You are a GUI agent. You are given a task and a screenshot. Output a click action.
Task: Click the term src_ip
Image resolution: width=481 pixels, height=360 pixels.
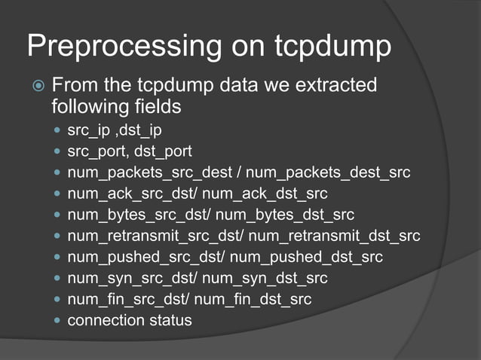click(x=87, y=131)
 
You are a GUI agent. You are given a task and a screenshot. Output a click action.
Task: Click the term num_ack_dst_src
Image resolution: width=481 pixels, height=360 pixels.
click(x=260, y=194)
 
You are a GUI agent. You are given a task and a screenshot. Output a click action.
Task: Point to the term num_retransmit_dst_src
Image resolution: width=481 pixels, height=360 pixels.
click(x=334, y=236)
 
